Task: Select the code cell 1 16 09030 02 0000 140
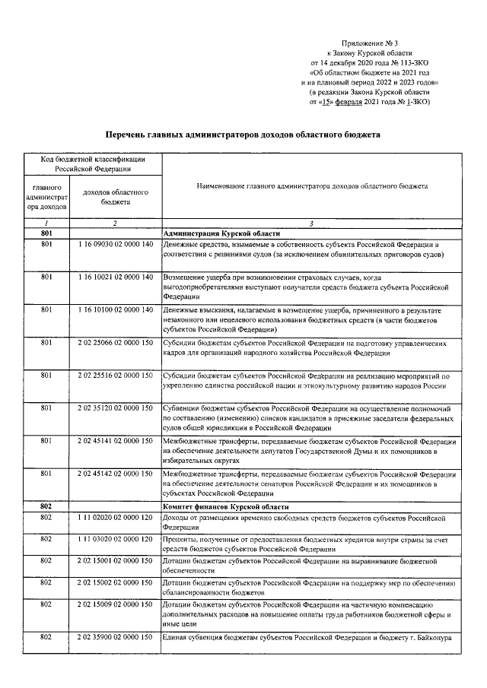[115, 245]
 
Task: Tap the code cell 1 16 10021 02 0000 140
[115, 278]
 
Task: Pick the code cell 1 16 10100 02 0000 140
[115, 311]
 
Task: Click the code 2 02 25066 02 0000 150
[115, 343]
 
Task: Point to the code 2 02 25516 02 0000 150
[115, 376]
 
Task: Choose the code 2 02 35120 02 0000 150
[115, 409]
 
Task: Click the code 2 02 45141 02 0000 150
[115, 442]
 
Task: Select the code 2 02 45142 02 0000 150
[115, 474]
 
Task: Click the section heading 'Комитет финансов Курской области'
[228, 506]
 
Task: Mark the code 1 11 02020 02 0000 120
[115, 517]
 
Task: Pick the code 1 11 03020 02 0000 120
[115, 539]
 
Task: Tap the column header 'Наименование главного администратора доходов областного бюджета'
[312, 185]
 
